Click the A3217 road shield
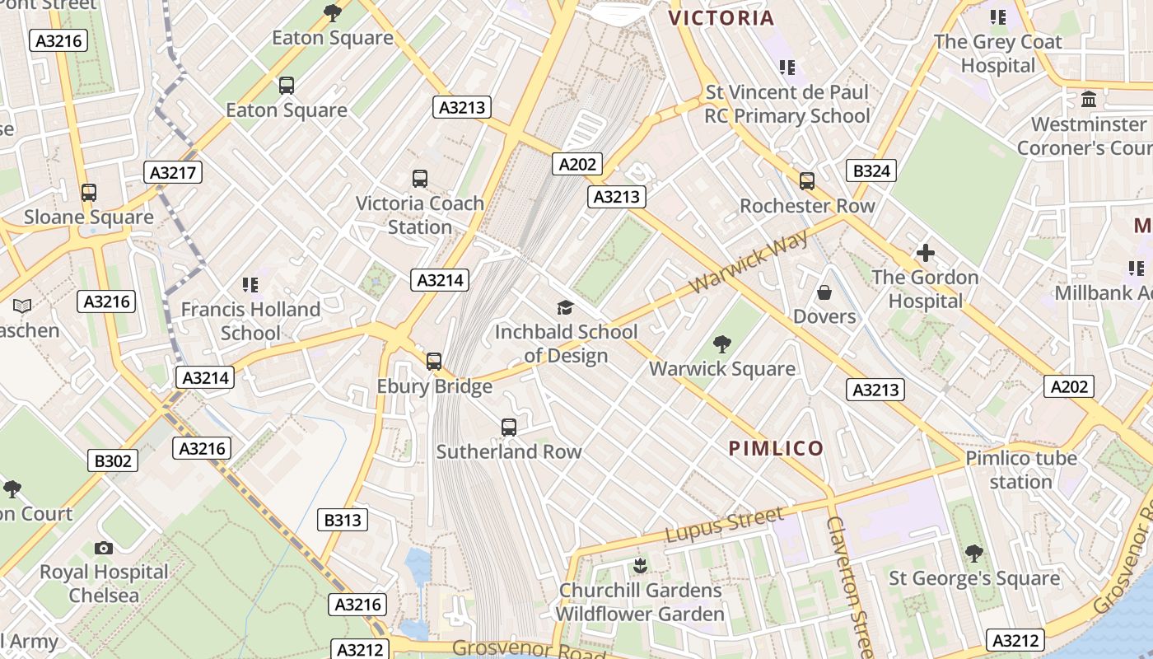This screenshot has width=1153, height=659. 172,172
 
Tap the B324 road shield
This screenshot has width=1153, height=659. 871,171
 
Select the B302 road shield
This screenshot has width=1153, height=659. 113,460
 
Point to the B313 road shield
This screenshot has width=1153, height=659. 342,520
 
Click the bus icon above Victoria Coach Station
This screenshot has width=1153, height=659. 420,178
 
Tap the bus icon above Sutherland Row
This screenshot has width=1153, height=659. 509,427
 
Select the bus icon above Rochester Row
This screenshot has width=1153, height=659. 807,181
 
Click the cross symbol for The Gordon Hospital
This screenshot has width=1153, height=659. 926,253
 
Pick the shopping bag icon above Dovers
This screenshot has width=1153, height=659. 824,292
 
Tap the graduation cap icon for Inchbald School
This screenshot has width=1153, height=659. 565,308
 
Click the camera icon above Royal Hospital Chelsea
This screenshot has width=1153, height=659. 104,548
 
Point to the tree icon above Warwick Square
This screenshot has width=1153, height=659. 722,344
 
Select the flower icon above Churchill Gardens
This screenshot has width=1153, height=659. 640,566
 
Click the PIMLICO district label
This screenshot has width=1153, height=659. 776,448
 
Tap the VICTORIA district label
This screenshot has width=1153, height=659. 721,18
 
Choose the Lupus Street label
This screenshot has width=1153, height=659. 724,525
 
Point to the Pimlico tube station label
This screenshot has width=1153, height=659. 1021,470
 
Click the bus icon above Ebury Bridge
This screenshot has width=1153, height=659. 434,361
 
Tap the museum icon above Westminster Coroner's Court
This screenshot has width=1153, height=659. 1089,100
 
